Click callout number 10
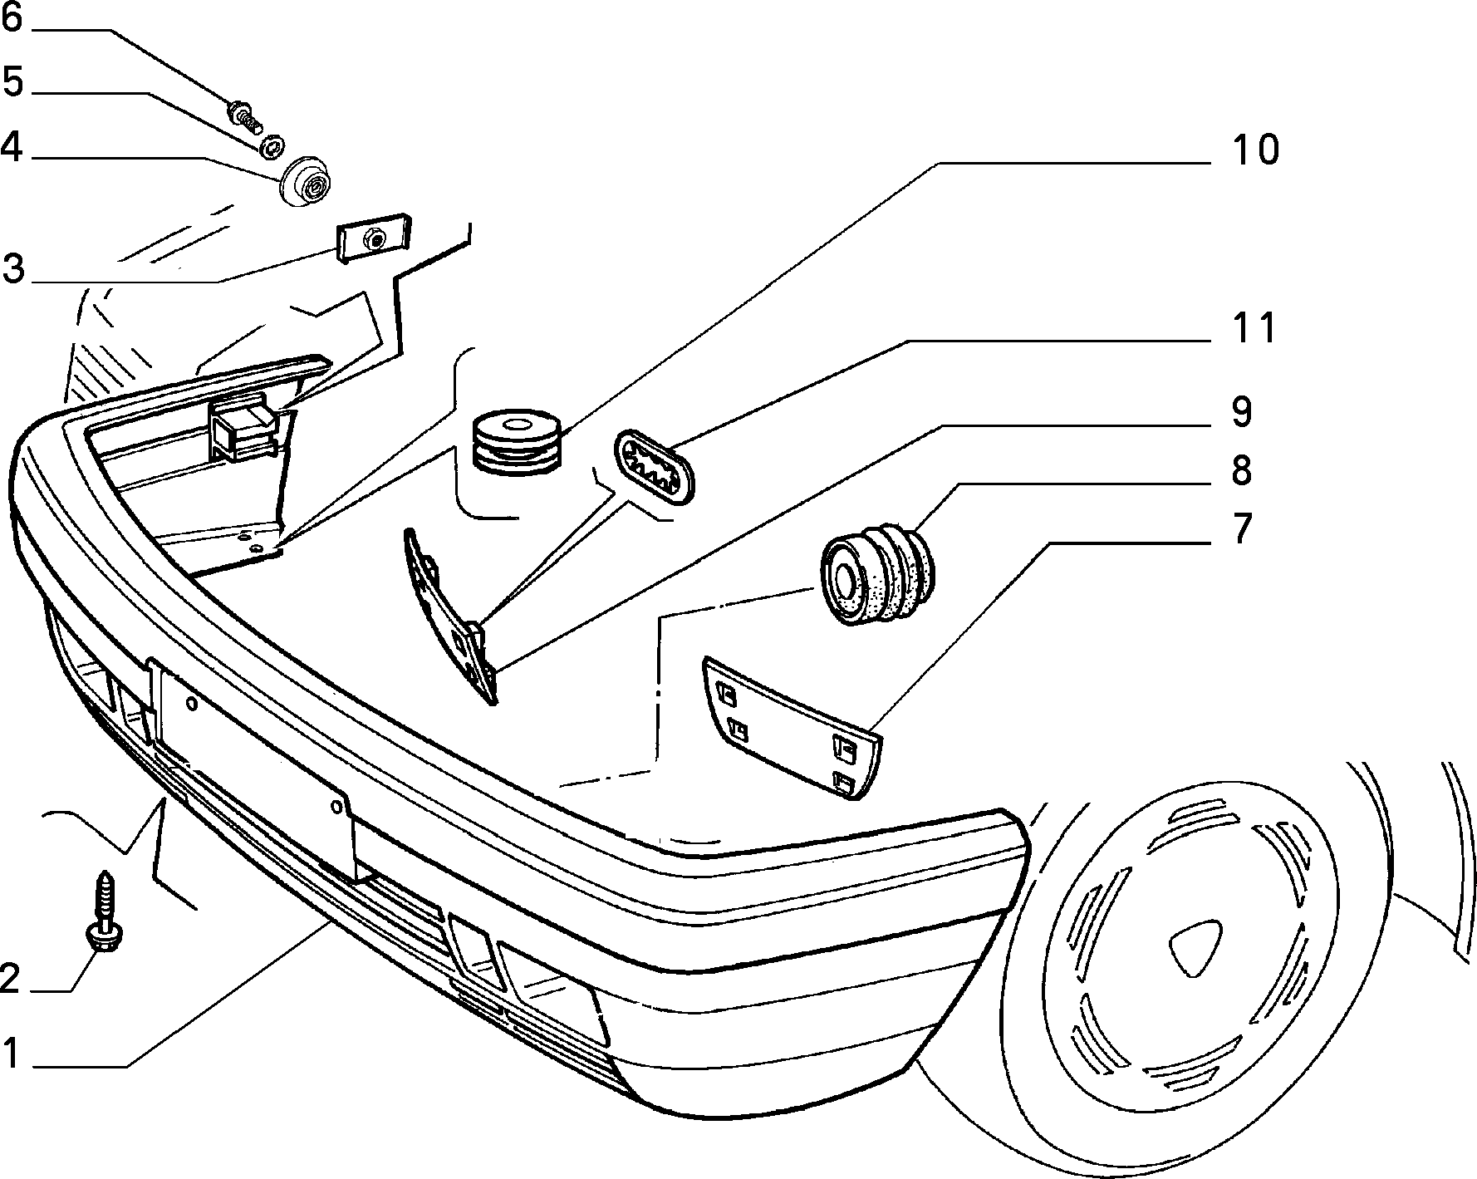[1255, 150]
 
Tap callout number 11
[1253, 328]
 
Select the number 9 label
[1241, 413]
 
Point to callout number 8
[1241, 470]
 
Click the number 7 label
[1241, 528]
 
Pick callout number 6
[12, 17]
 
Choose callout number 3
[12, 269]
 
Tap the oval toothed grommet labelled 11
[653, 467]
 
